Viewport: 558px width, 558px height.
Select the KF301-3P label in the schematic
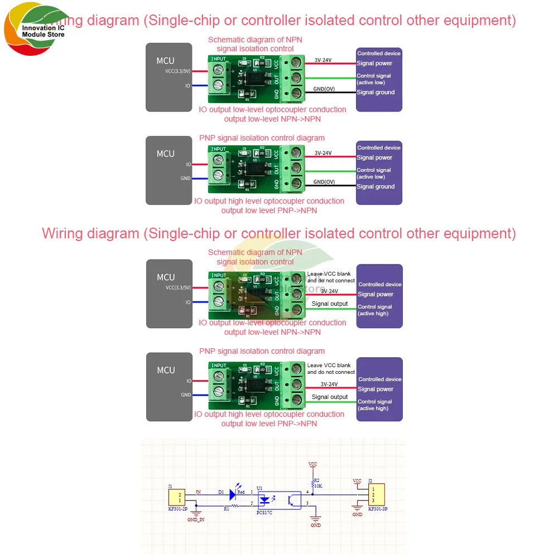[377, 509]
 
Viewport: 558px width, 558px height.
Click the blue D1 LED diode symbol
[233, 494]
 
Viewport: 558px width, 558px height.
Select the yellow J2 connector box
[377, 495]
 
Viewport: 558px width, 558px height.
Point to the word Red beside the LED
[241, 492]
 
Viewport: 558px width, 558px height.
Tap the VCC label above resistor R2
[312, 464]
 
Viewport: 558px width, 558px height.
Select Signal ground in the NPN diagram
[376, 93]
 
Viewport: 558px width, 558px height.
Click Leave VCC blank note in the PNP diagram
[331, 368]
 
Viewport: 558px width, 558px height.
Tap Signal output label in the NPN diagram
[330, 304]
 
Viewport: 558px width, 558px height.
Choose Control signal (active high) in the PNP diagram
[375, 405]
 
